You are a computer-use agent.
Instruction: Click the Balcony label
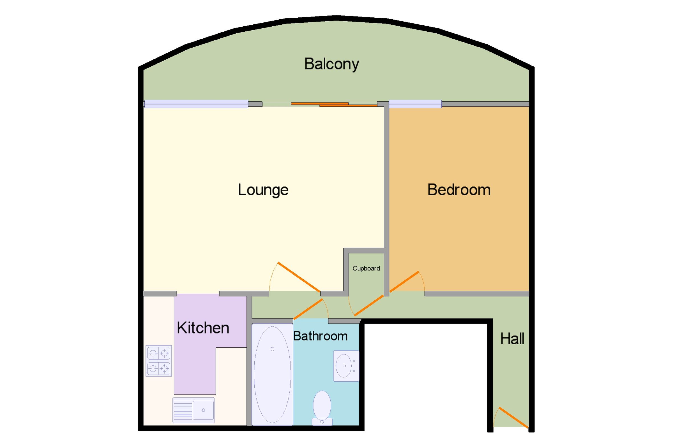coord(332,64)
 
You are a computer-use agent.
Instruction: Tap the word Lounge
coord(263,190)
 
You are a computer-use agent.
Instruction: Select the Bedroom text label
coord(459,190)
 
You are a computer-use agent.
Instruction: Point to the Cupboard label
coord(366,268)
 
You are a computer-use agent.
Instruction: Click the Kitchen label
coord(203,328)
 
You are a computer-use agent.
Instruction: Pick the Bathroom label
coord(320,336)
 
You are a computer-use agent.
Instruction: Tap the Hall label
coord(512,339)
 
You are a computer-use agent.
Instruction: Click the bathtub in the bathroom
coord(272,374)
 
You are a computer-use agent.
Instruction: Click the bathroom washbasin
coord(346,366)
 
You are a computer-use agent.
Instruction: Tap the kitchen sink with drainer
coord(193,410)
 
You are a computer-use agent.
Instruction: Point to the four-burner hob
coord(159,361)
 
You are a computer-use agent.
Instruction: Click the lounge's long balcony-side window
coord(196,104)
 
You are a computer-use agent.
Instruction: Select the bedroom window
coord(415,104)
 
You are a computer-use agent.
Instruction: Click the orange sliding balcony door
coord(334,104)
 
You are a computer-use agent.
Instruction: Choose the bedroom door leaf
coord(404,282)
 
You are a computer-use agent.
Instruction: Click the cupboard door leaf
coord(369,305)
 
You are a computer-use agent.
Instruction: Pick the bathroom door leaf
coord(308,309)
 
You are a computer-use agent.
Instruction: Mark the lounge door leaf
coord(299,277)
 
